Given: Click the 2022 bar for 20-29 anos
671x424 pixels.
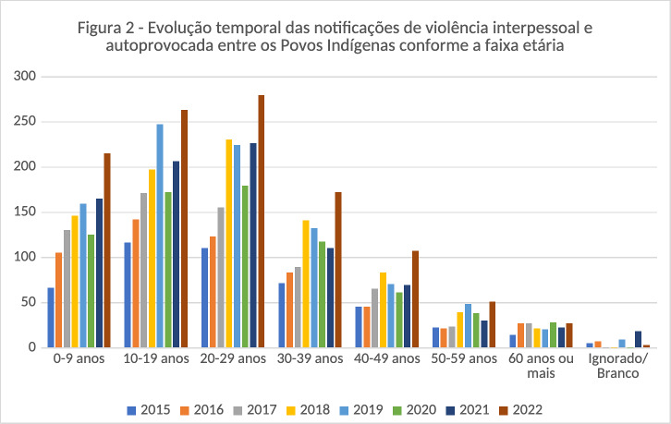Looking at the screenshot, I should [262, 222].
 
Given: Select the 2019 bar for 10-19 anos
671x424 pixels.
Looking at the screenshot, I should [160, 236].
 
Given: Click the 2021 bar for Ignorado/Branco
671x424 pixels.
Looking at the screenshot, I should [639, 339].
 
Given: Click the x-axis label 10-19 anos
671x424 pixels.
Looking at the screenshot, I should [156, 357].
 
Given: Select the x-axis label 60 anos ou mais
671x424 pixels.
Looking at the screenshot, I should [543, 365].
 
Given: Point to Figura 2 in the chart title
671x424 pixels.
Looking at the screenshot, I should [111, 27].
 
